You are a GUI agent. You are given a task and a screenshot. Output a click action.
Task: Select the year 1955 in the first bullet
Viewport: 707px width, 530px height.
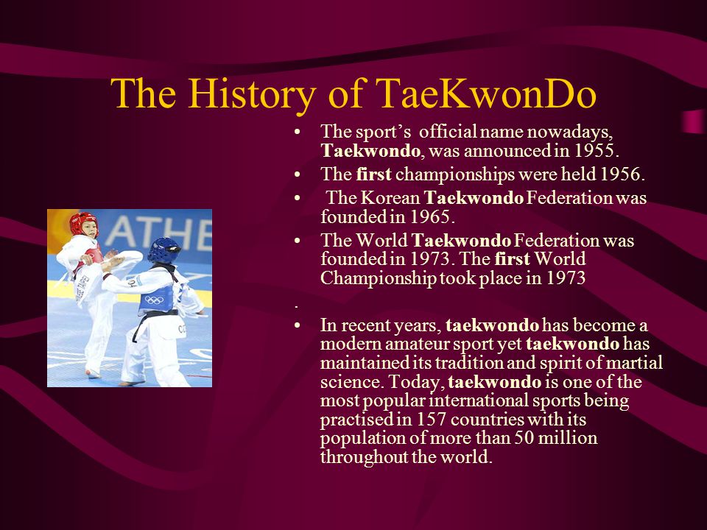click(594, 150)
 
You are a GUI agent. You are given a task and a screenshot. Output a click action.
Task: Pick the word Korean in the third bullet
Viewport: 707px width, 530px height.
click(390, 198)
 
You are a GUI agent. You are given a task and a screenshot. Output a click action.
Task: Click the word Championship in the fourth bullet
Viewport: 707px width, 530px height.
click(378, 278)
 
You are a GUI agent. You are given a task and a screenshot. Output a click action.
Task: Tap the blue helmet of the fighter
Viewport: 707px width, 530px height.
click(163, 250)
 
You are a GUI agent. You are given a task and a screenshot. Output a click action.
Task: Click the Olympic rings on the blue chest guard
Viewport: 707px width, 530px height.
click(155, 300)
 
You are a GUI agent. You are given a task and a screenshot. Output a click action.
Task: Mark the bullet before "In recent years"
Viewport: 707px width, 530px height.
click(297, 325)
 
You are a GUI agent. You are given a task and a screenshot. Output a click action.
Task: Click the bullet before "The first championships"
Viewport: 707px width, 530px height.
click(297, 174)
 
